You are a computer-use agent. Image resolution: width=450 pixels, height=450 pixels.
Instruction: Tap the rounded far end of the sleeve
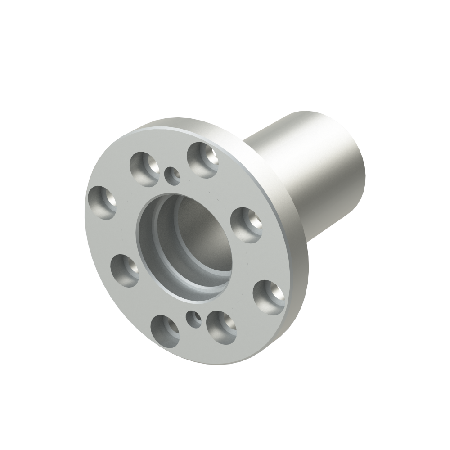[355, 148]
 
